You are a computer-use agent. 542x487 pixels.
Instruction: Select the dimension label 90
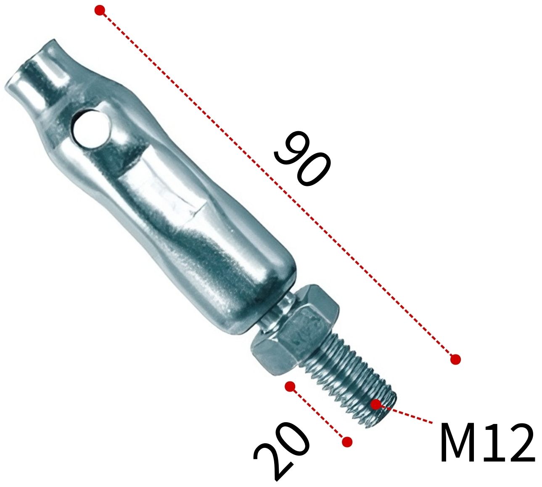coord(302,159)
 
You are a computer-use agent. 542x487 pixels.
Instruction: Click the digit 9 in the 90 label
coord(290,147)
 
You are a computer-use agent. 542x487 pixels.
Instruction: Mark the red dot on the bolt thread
coord(376,404)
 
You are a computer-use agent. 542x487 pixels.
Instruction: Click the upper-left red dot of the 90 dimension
coord(99,11)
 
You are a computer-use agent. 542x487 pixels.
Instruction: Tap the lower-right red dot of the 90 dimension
coord(455,359)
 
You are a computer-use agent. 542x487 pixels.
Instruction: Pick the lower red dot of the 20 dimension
coord(347,442)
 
